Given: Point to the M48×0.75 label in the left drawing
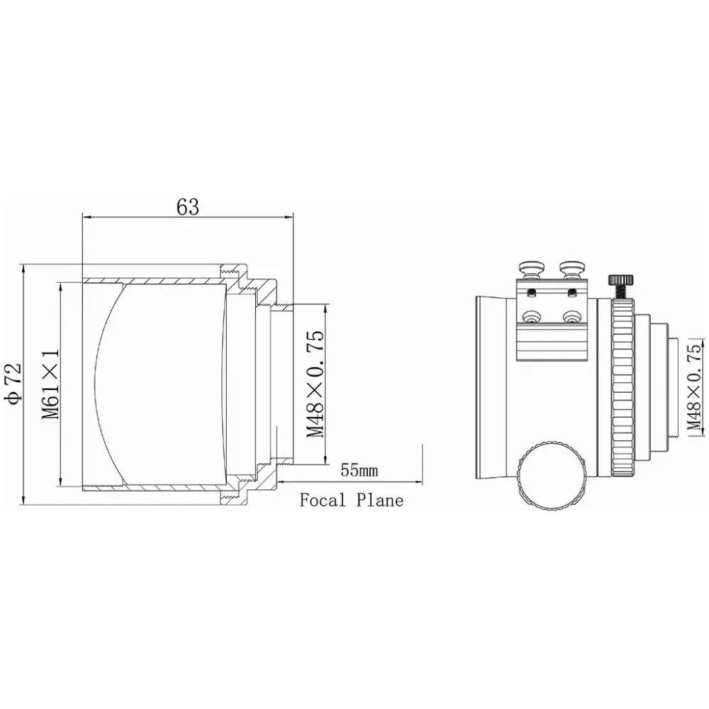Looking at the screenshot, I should pyautogui.click(x=316, y=384).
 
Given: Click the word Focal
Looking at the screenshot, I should pyautogui.click(x=323, y=501).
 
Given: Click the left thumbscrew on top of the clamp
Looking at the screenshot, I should pyautogui.click(x=530, y=269).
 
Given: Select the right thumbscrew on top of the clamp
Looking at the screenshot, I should pyautogui.click(x=572, y=269).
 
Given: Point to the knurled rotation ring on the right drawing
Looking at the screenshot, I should pyautogui.click(x=622, y=386).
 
